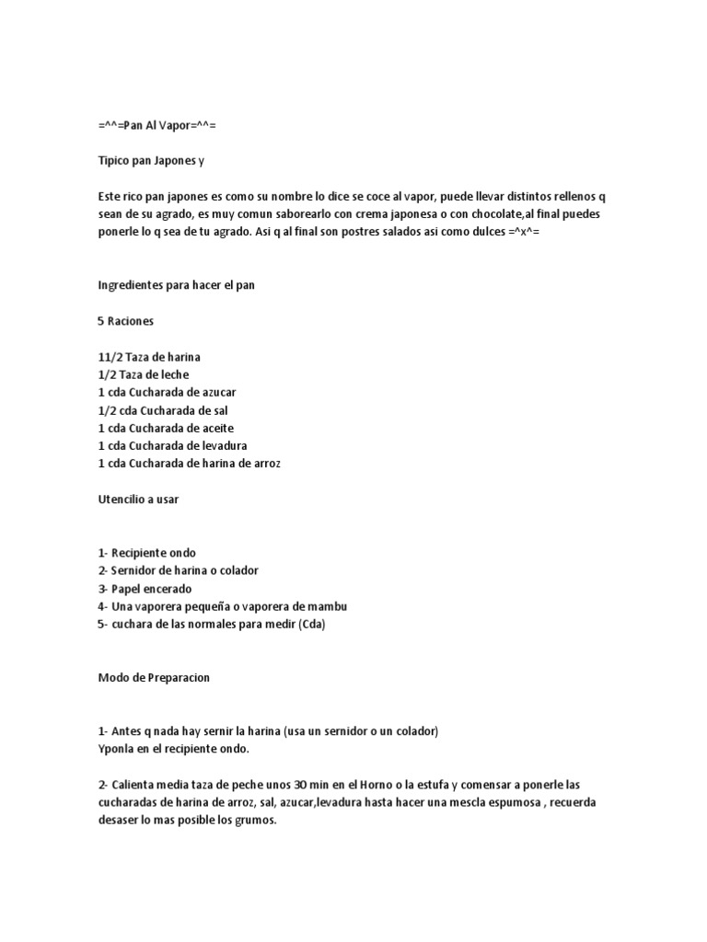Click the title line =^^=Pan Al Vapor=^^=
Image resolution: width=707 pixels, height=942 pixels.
[x=156, y=124]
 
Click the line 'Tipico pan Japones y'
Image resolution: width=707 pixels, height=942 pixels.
[x=151, y=160]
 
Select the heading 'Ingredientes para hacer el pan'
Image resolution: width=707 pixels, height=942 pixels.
[x=177, y=285]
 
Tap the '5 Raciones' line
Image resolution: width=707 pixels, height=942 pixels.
[x=125, y=321]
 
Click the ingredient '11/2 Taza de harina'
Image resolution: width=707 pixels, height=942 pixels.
[x=149, y=356]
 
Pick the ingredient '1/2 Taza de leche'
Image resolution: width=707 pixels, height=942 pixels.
[x=144, y=374]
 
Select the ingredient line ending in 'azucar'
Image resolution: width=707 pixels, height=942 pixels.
[x=167, y=392]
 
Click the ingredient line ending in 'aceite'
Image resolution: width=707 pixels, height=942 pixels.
[x=166, y=428]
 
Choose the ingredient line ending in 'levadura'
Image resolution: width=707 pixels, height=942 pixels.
[x=172, y=446]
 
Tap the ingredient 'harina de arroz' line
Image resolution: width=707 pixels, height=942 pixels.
[x=189, y=464]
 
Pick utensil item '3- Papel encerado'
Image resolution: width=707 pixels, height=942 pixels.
[x=145, y=589]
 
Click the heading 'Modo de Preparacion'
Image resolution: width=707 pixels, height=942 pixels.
[x=154, y=678]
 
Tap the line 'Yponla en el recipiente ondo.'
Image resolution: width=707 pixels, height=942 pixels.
[x=174, y=749]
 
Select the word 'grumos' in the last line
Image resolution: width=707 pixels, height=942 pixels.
[x=255, y=821]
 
